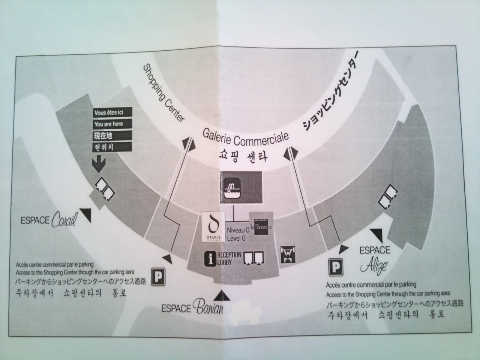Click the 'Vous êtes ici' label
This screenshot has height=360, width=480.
pos(108,113)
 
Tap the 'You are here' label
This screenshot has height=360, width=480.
pos(108,124)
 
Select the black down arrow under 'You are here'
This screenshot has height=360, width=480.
pos(98,163)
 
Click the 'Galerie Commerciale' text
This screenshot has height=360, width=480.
pos(246,136)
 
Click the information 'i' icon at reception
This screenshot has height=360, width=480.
pos(210,259)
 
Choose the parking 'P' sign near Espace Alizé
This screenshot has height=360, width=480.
pos(336,267)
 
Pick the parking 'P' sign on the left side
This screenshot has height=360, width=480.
pos(159,276)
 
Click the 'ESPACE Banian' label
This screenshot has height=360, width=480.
pos(192,307)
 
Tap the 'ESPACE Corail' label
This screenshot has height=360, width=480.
pos(49,220)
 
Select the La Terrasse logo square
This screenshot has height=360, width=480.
pos(262,224)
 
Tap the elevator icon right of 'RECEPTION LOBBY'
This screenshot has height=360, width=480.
pos(254,259)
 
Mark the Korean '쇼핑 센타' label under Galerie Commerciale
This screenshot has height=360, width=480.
pos(243,156)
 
